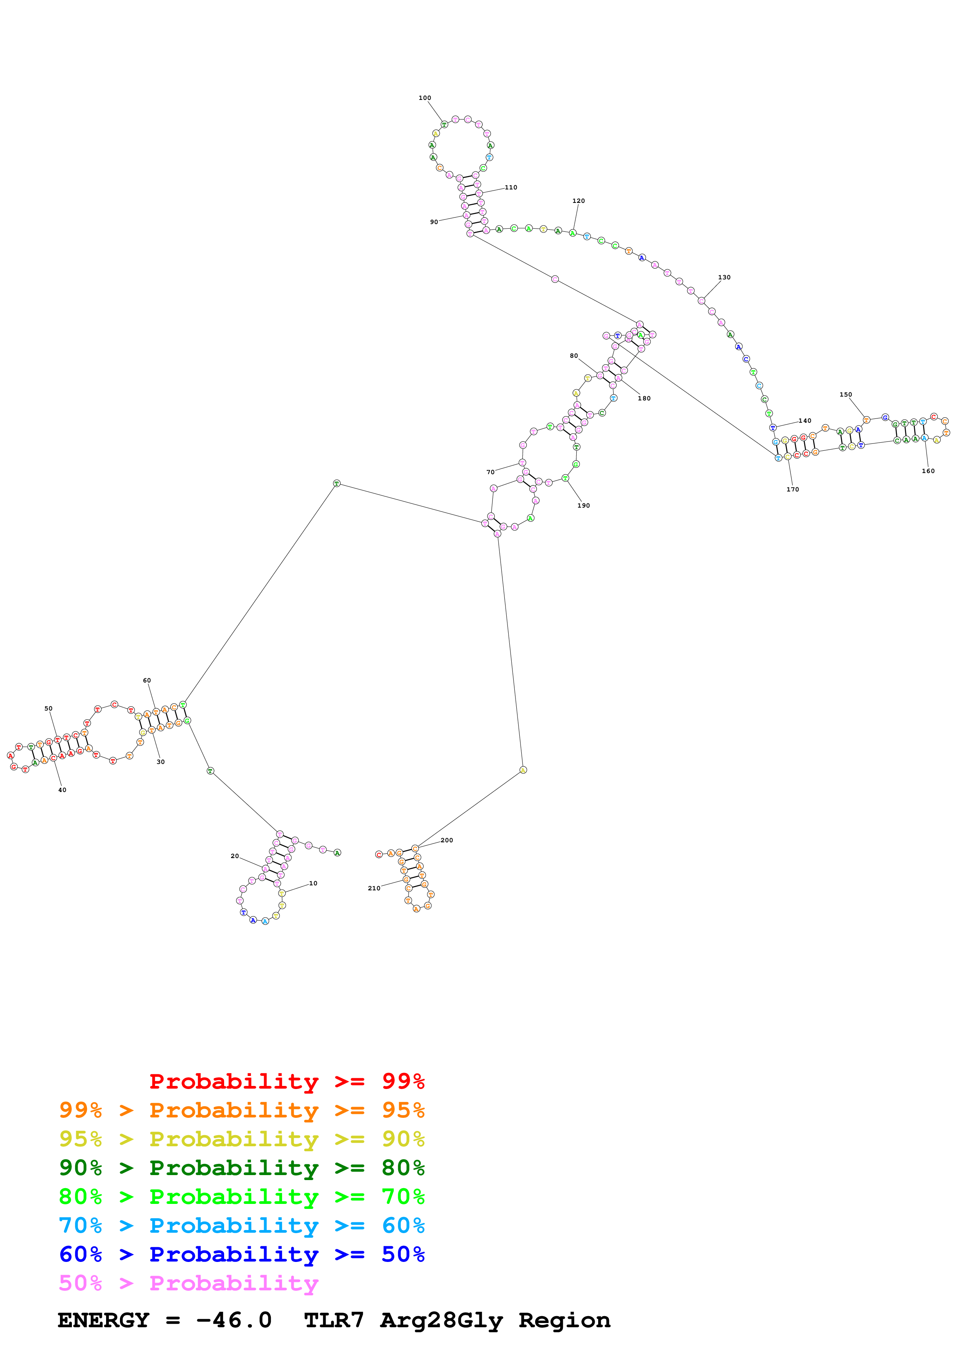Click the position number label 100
click(424, 98)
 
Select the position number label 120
click(579, 201)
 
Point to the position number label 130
click(724, 278)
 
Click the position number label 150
click(845, 395)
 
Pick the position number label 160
click(928, 471)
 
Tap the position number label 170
click(793, 490)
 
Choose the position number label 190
click(583, 506)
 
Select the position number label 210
click(374, 888)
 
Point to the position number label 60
click(147, 681)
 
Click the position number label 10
click(313, 883)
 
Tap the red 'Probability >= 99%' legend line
click(286, 1081)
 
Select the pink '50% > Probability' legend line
click(188, 1283)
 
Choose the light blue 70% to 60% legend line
click(241, 1225)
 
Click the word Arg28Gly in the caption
click(442, 1320)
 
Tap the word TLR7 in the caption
click(334, 1320)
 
